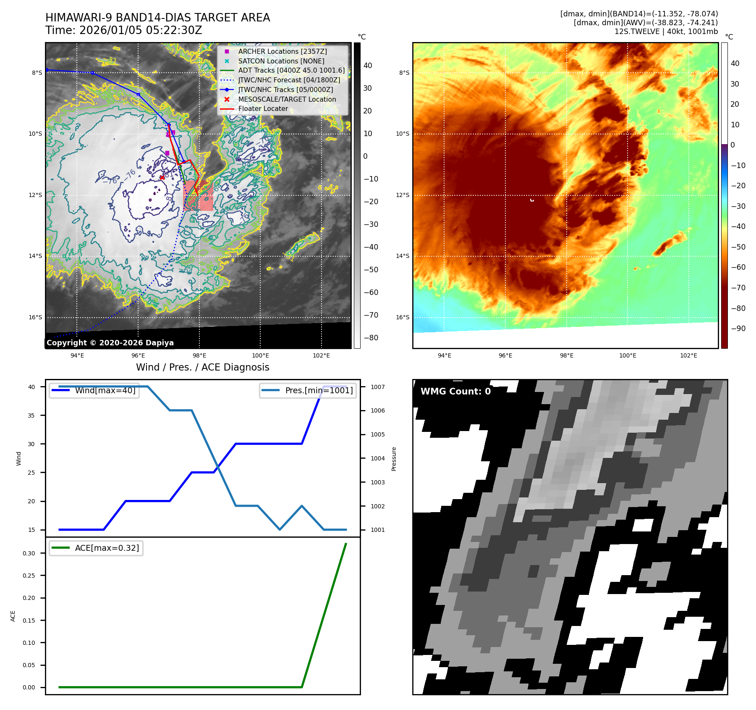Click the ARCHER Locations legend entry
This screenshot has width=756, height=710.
pyautogui.click(x=282, y=51)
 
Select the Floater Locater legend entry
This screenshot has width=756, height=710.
pyautogui.click(x=263, y=109)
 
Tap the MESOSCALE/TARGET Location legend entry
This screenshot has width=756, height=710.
pyautogui.click(x=287, y=100)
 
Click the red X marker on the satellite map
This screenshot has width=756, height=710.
pyautogui.click(x=162, y=177)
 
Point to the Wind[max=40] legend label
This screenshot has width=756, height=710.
pyautogui.click(x=105, y=390)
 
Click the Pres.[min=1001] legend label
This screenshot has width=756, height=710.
pyautogui.click(x=319, y=390)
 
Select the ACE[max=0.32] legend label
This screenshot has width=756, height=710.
pyautogui.click(x=107, y=548)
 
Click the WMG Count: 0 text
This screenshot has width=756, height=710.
pyautogui.click(x=455, y=392)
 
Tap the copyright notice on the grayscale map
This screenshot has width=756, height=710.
pyautogui.click(x=110, y=343)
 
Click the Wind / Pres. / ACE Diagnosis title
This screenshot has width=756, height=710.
pyautogui.click(x=202, y=367)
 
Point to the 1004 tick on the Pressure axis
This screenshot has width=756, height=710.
pyautogui.click(x=377, y=458)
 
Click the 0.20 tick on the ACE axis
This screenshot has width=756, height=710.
pyautogui.click(x=29, y=598)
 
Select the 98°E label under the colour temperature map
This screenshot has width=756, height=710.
pyautogui.click(x=566, y=356)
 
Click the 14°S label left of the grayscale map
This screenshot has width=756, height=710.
pyautogui.click(x=35, y=256)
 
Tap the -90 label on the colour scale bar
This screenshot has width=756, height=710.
pyautogui.click(x=738, y=329)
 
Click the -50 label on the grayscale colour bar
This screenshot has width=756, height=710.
pyautogui.click(x=371, y=270)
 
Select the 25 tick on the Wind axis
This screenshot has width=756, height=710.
pyautogui.click(x=31, y=473)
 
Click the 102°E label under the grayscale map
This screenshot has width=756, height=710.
pyautogui.click(x=321, y=356)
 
